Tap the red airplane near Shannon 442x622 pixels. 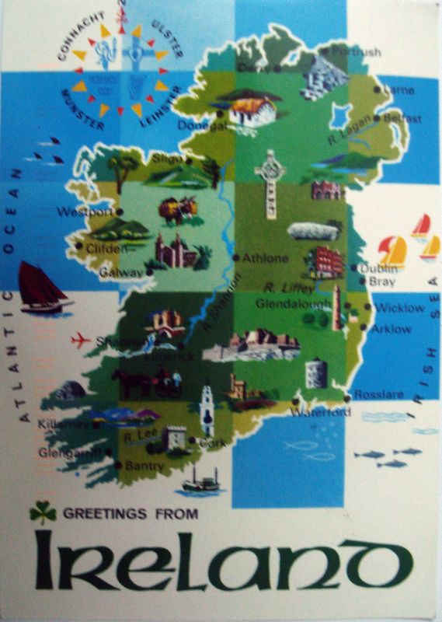click(81, 340)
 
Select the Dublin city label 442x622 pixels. click(379, 268)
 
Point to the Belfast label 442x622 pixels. click(402, 119)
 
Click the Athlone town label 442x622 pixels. click(265, 257)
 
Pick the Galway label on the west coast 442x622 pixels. click(121, 272)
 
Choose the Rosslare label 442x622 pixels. click(380, 394)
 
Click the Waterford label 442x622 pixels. click(321, 412)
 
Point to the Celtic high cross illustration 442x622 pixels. click(270, 183)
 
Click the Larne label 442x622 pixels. click(399, 89)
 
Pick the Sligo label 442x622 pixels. click(166, 158)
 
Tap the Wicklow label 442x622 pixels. click(399, 308)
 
